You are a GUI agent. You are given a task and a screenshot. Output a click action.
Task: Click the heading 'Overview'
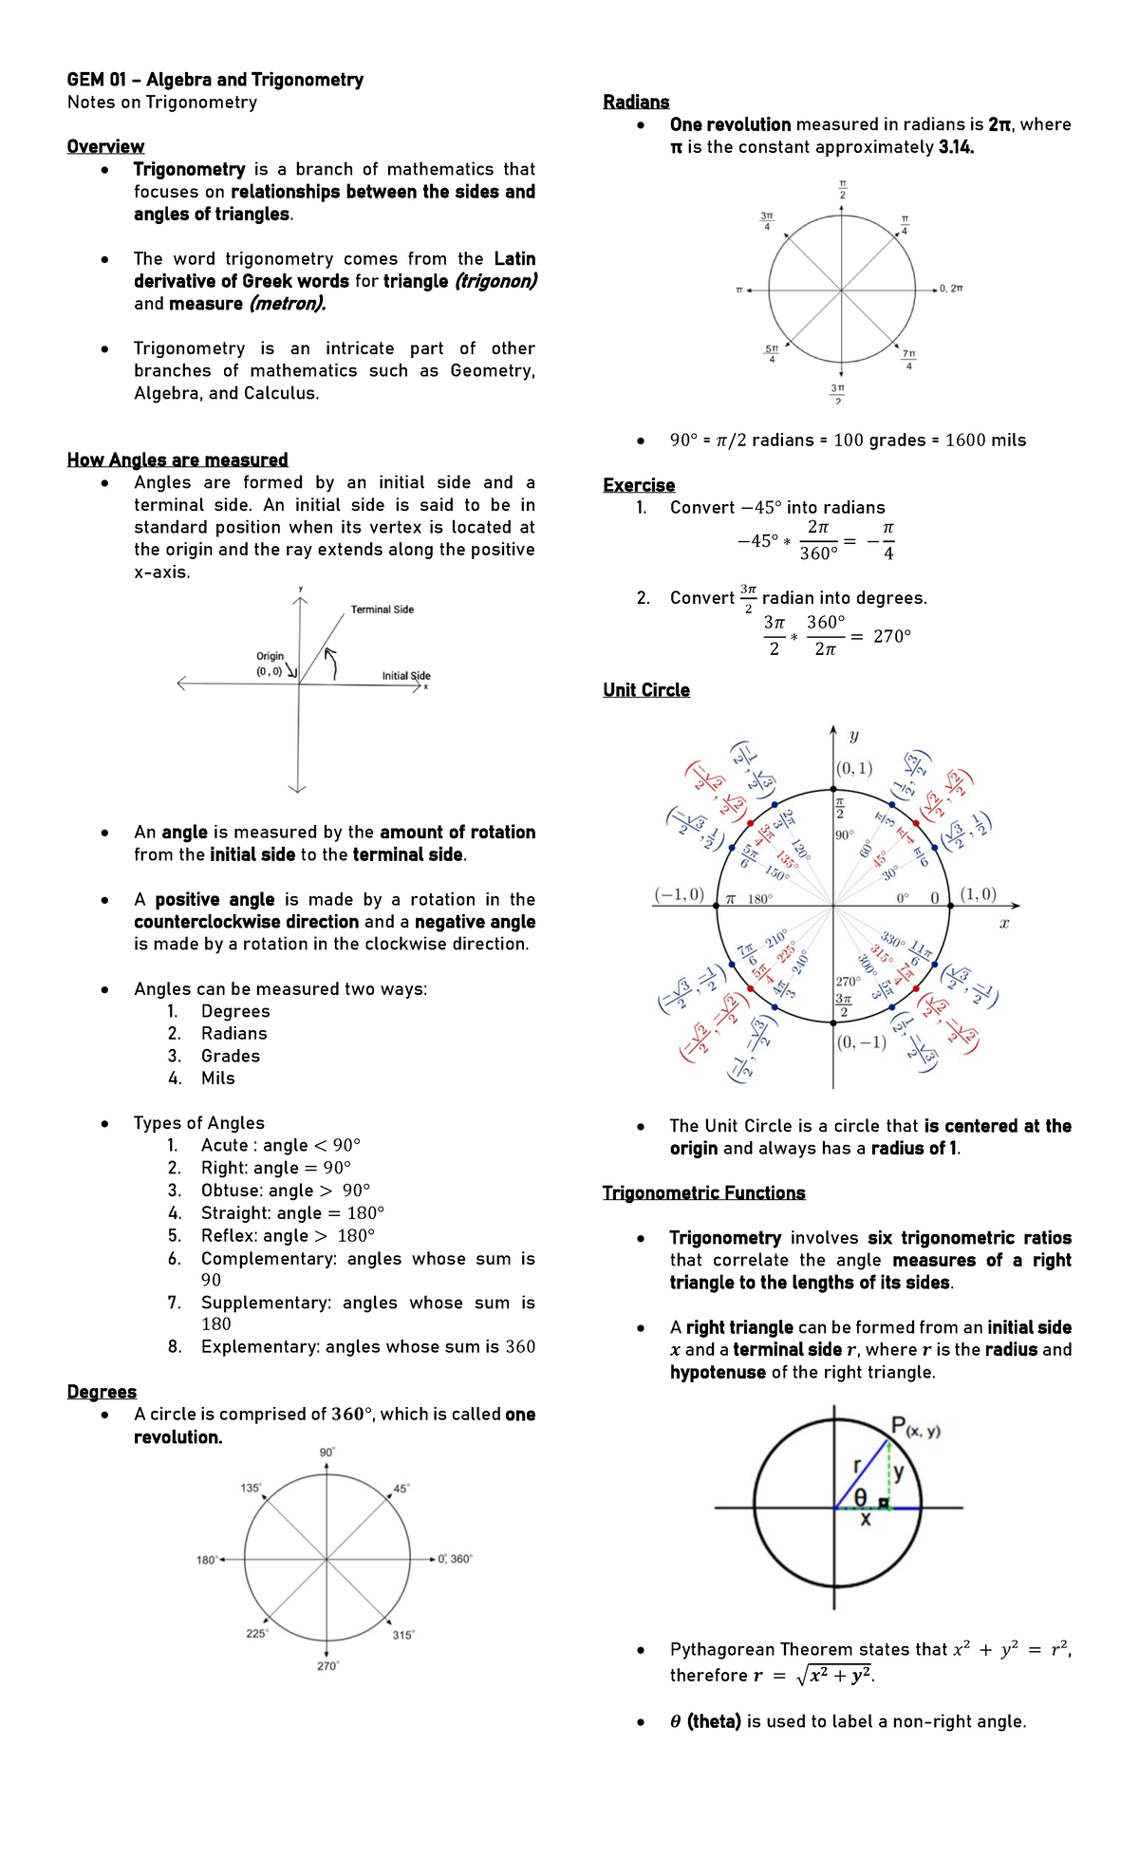(x=105, y=146)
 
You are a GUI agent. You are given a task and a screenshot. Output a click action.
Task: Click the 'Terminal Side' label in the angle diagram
(x=382, y=610)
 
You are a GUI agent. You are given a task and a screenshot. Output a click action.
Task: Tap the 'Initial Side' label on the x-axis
(x=406, y=676)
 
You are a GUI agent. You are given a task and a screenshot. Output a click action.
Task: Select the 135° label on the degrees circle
(x=251, y=1488)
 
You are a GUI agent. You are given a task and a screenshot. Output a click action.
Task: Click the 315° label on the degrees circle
(x=403, y=1635)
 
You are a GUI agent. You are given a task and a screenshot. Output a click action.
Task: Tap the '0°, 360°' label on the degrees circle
(x=456, y=1559)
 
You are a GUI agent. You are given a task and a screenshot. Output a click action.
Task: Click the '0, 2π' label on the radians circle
(x=951, y=289)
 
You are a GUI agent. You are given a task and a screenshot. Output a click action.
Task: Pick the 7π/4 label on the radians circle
(x=909, y=359)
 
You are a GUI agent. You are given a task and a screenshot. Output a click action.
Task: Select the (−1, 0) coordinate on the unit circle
(x=680, y=894)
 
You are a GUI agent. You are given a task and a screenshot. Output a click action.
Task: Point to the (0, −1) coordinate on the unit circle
(x=862, y=1042)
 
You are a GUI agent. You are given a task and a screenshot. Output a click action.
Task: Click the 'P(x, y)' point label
(x=915, y=1426)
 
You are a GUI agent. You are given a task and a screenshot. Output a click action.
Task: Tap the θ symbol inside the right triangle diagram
(x=860, y=1497)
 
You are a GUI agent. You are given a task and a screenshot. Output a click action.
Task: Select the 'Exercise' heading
(x=639, y=485)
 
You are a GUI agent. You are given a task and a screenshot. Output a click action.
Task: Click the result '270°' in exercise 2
(x=891, y=636)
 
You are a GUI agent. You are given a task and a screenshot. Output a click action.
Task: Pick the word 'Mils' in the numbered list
(x=218, y=1078)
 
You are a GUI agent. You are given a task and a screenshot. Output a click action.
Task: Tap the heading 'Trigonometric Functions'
(x=703, y=1192)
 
